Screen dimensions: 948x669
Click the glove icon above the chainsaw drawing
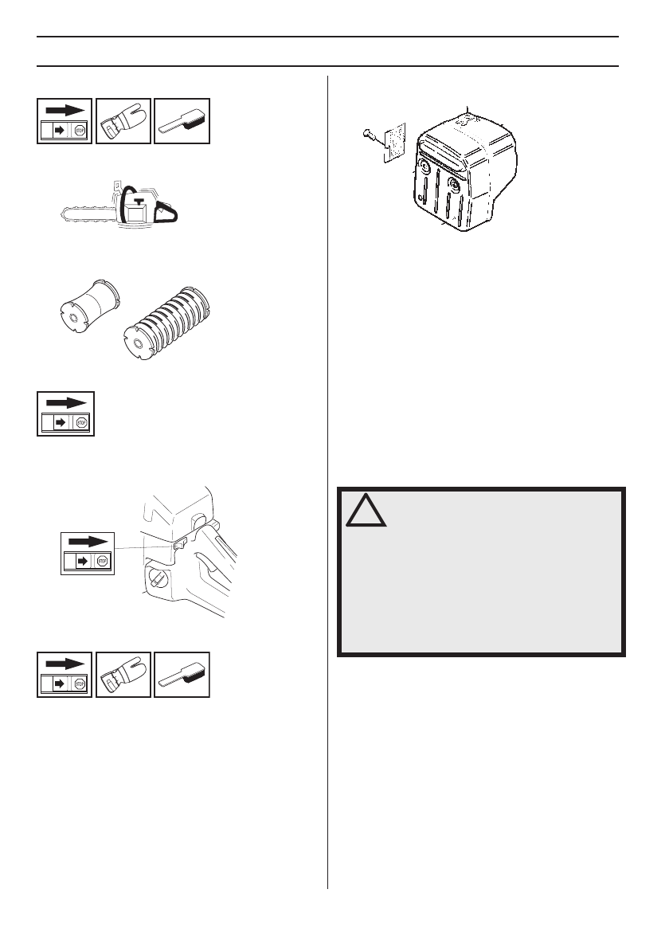pyautogui.click(x=123, y=121)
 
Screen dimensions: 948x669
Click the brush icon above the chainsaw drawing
pyautogui.click(x=182, y=122)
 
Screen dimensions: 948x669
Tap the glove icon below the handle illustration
pyautogui.click(x=123, y=674)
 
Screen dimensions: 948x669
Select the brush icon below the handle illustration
pyautogui.click(x=182, y=675)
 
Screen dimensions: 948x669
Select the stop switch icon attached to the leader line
pyautogui.click(x=88, y=553)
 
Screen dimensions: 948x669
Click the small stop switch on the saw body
pyautogui.click(x=178, y=544)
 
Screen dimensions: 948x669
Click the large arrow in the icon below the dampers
pyautogui.click(x=65, y=402)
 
